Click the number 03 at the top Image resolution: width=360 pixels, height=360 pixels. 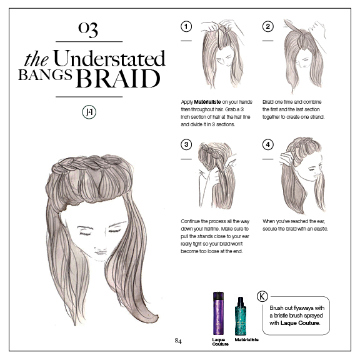88,29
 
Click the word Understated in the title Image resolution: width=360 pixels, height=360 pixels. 109,59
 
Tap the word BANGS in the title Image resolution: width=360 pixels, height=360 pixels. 45,74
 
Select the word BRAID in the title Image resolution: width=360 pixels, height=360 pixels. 118,78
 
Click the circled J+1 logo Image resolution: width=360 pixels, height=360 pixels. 89,112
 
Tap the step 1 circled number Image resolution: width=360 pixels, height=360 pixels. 186,26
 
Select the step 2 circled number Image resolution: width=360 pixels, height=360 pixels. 268,26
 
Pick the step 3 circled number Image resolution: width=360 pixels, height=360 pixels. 186,144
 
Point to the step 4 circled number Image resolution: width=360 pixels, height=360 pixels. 268,144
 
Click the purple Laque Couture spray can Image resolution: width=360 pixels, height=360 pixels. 218,313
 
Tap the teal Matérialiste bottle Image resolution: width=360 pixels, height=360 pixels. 241,316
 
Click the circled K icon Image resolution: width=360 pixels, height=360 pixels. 262,296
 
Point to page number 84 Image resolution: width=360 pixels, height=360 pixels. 178,341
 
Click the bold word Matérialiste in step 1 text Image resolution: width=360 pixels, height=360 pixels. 207,102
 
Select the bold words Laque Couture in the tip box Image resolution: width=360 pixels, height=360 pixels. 300,323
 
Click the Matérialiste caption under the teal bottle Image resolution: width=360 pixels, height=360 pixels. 247,339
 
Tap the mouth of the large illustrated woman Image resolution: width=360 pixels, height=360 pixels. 101,252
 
